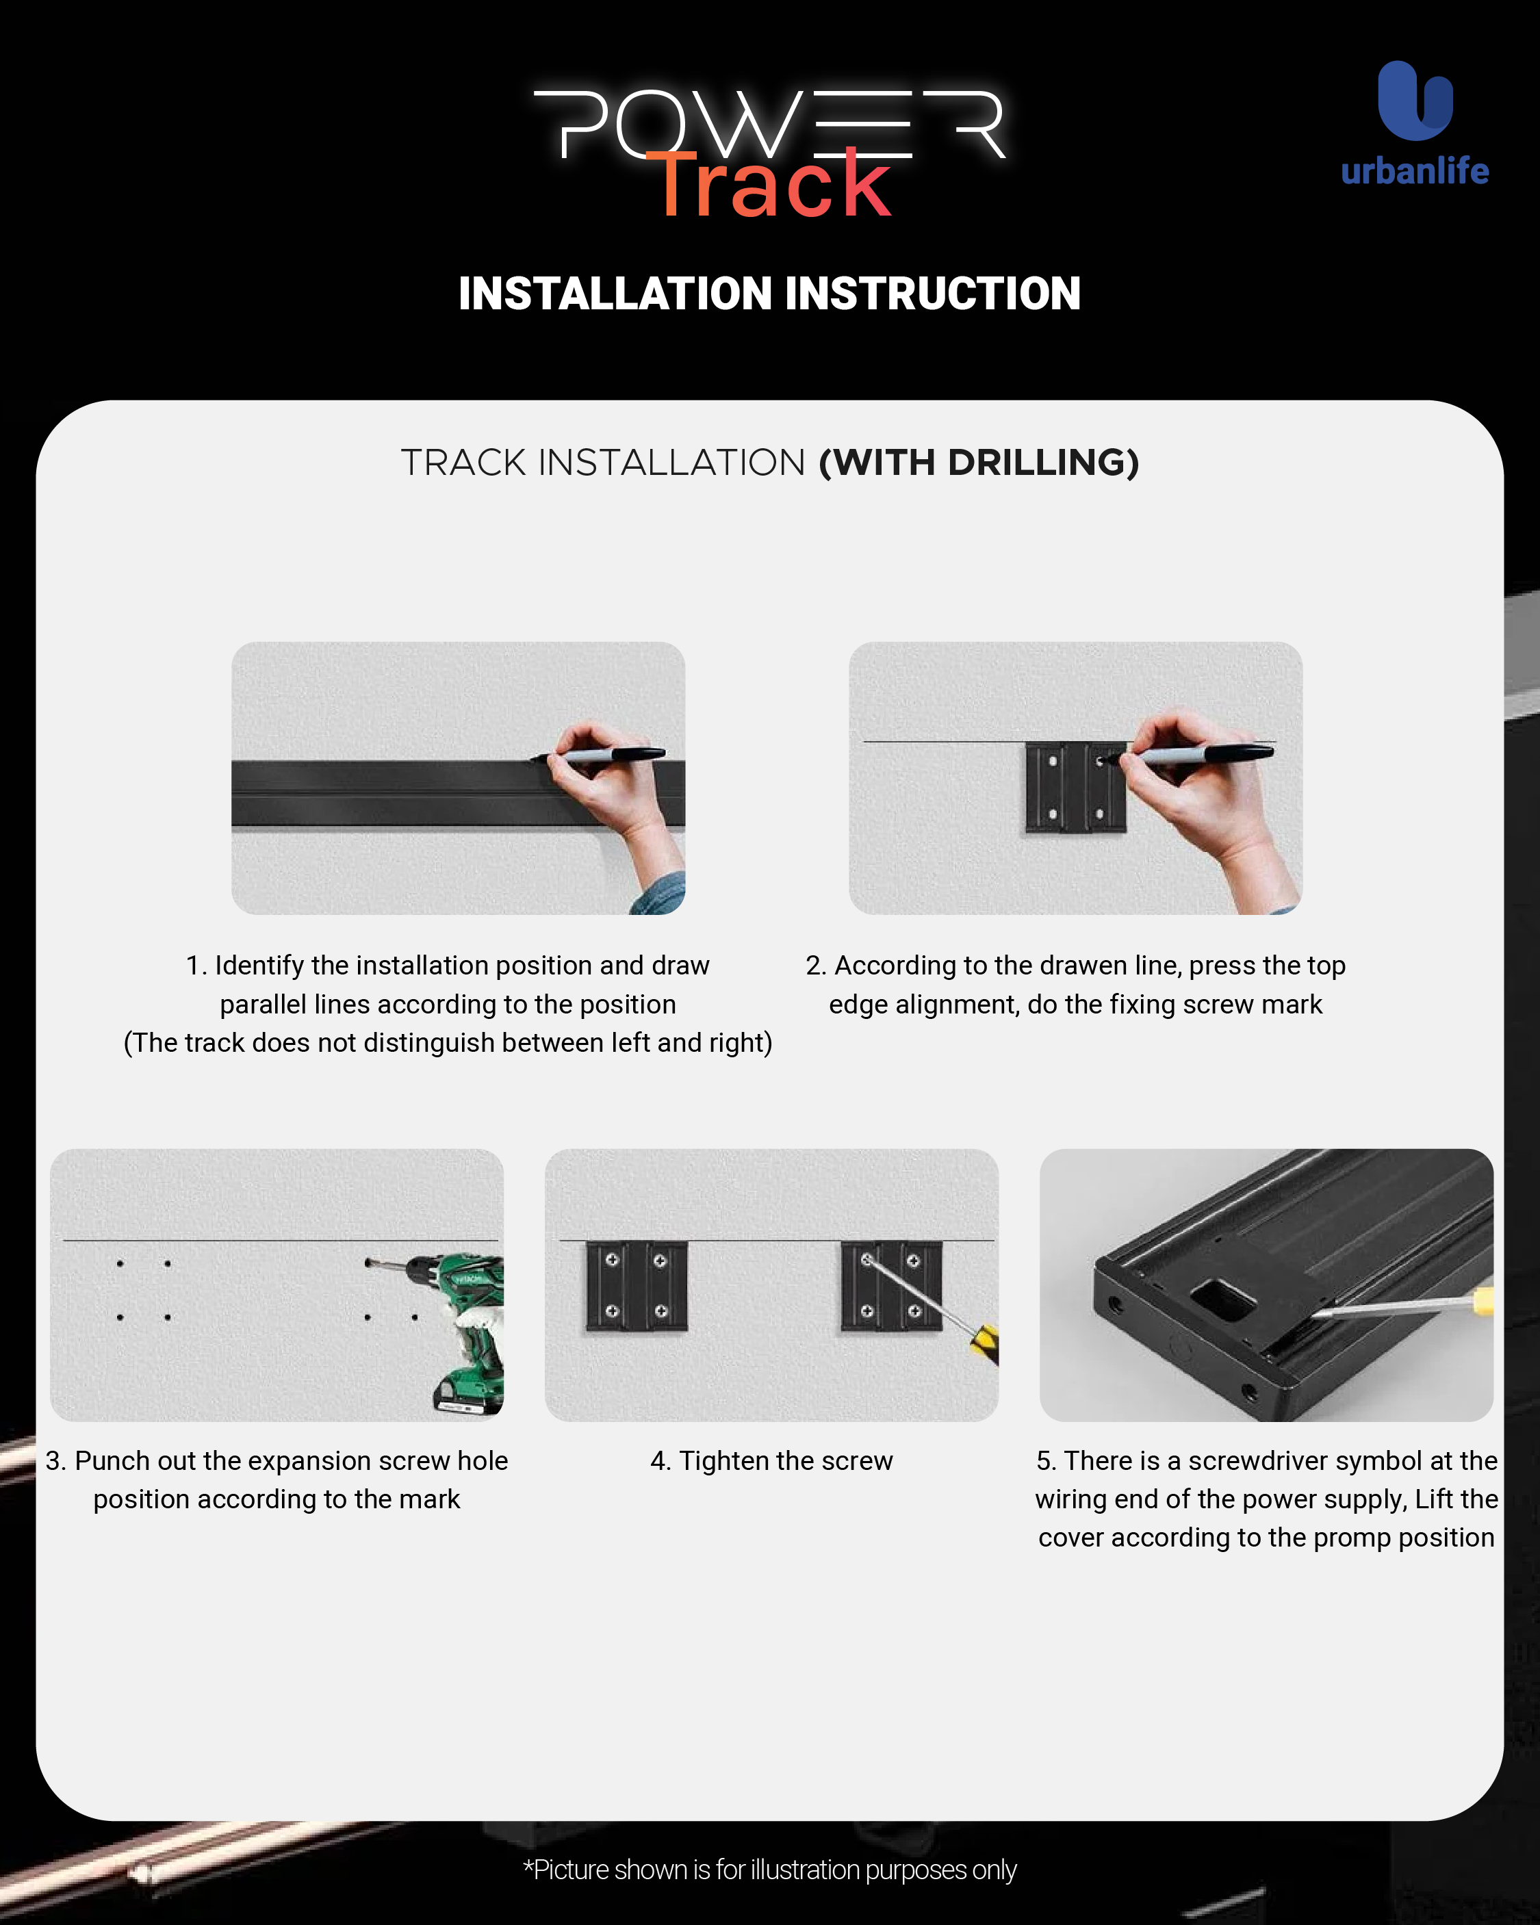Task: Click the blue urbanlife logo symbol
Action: coord(1415,100)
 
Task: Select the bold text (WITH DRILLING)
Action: coord(979,463)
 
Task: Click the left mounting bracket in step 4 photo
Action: coord(636,1286)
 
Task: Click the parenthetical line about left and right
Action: coord(448,1043)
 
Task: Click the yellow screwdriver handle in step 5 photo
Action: coord(1483,1300)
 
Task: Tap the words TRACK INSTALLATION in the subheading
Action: coord(604,463)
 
